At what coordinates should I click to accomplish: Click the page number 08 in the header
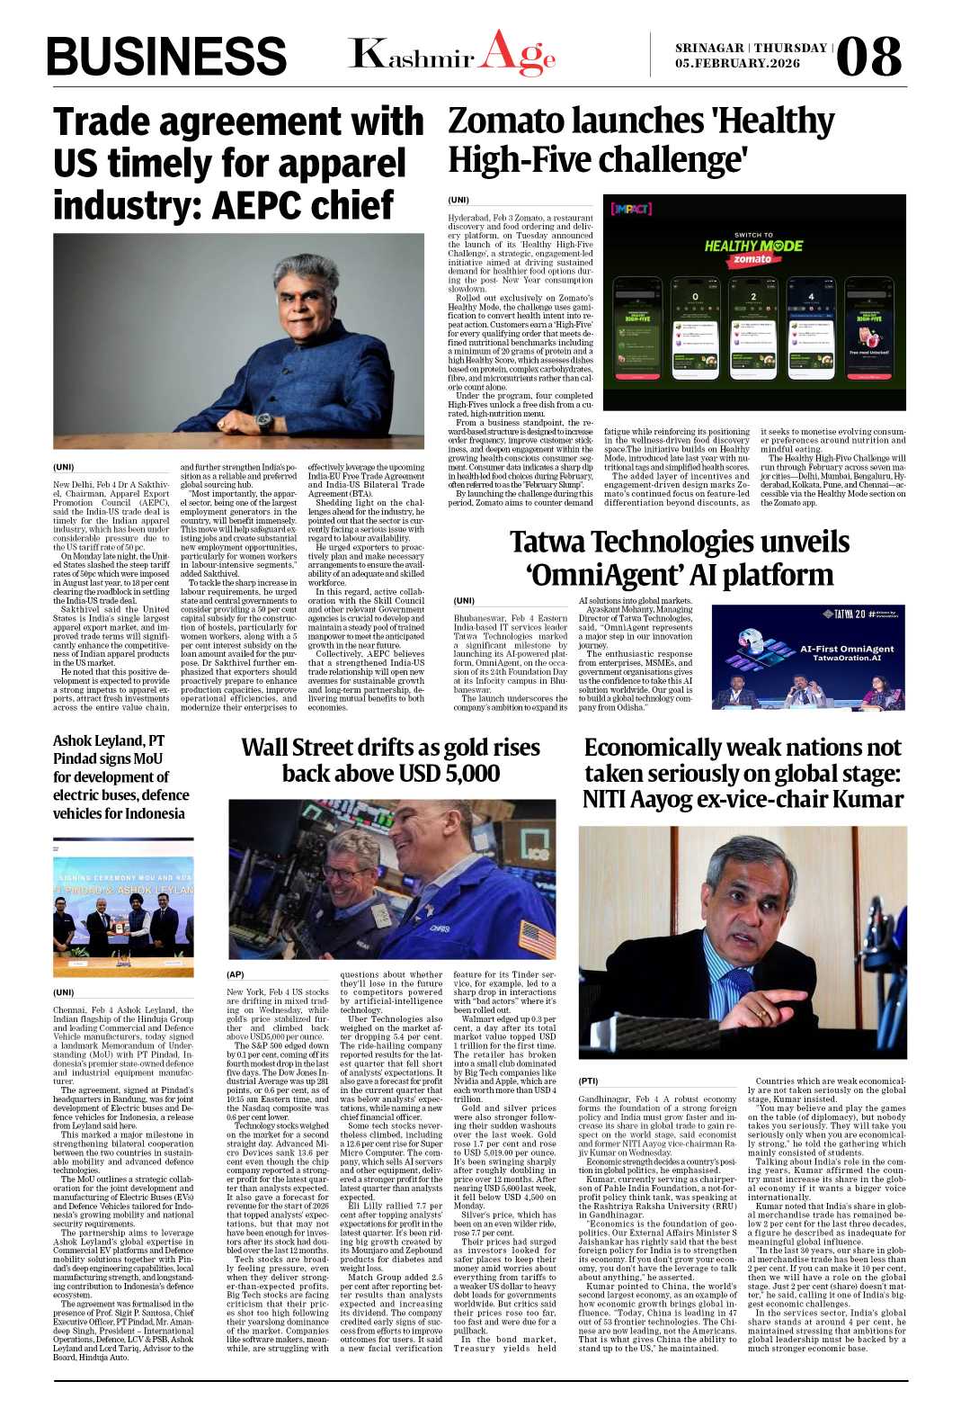(868, 56)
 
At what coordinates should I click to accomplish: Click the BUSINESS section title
(166, 57)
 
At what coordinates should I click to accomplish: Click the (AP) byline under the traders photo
(236, 974)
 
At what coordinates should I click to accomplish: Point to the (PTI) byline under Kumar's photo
(589, 1081)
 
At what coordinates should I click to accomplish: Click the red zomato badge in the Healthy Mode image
(752, 259)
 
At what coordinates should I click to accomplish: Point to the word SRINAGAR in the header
(709, 48)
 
